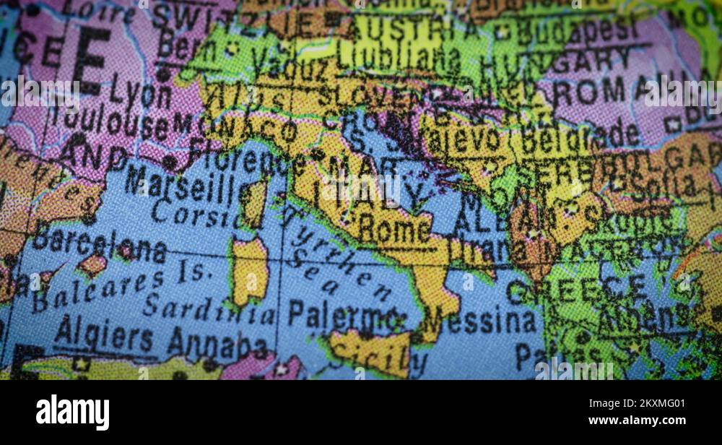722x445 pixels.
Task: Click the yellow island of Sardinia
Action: point(250,272)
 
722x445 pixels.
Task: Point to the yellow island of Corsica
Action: point(254,202)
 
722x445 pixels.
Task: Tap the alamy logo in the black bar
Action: point(72,412)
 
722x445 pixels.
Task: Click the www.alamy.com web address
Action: point(636,420)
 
